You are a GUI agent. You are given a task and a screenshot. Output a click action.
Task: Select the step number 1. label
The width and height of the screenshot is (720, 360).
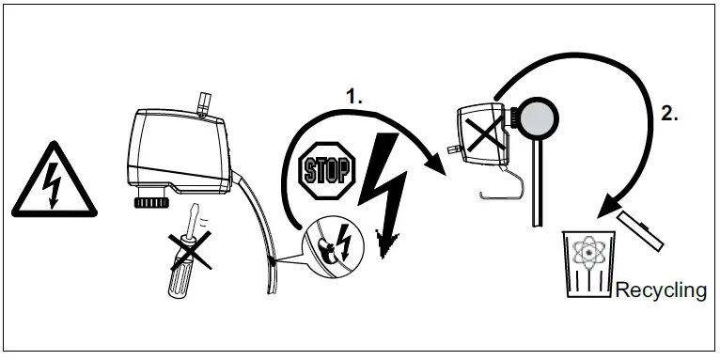click(353, 96)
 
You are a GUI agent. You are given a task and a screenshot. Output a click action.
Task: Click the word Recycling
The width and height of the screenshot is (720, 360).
click(661, 290)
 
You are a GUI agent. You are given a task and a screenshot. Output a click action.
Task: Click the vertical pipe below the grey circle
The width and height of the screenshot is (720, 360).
click(537, 188)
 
